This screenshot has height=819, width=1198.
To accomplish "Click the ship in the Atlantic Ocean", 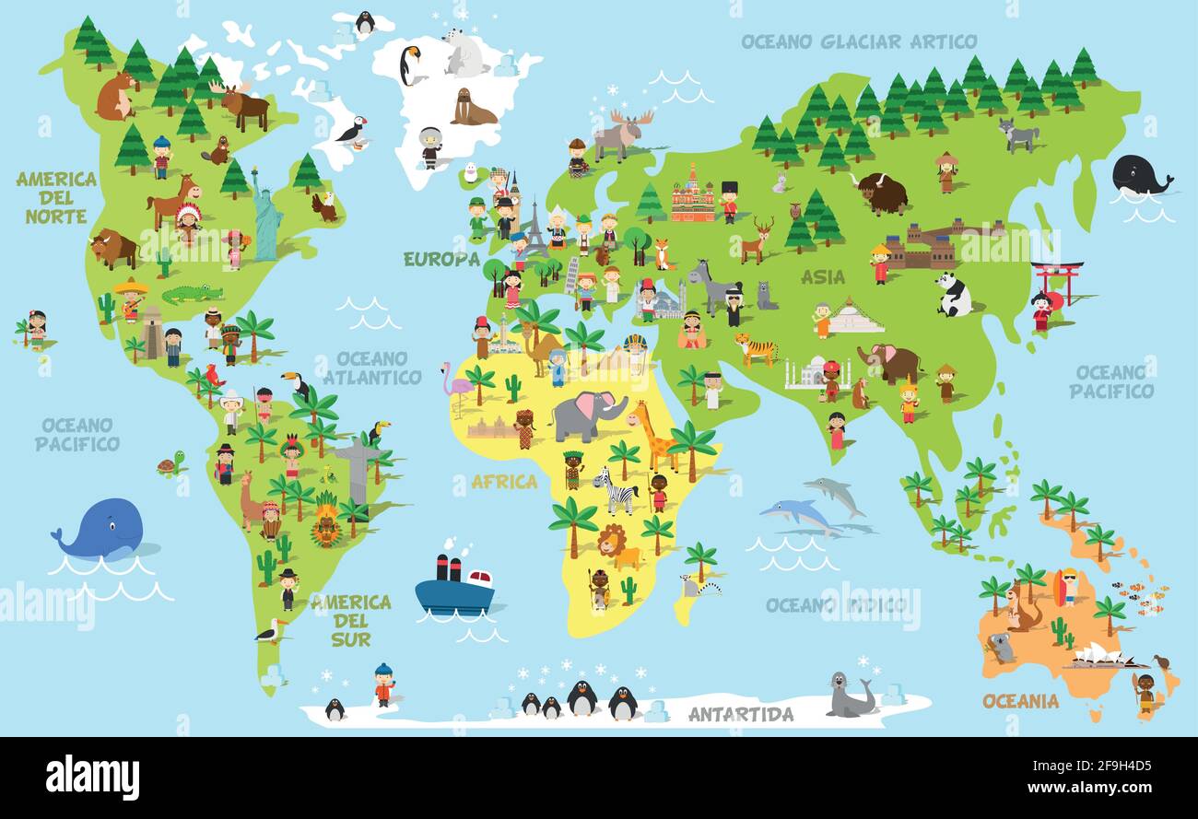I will (453, 587).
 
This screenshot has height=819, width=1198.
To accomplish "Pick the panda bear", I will (954, 294).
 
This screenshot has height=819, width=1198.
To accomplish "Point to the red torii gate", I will (1057, 281).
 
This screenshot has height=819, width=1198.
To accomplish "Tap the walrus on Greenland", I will (473, 109).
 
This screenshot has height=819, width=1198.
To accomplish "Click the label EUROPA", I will (441, 259).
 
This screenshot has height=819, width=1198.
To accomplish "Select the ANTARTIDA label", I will (740, 714).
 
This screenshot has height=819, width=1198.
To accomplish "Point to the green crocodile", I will (193, 294).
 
